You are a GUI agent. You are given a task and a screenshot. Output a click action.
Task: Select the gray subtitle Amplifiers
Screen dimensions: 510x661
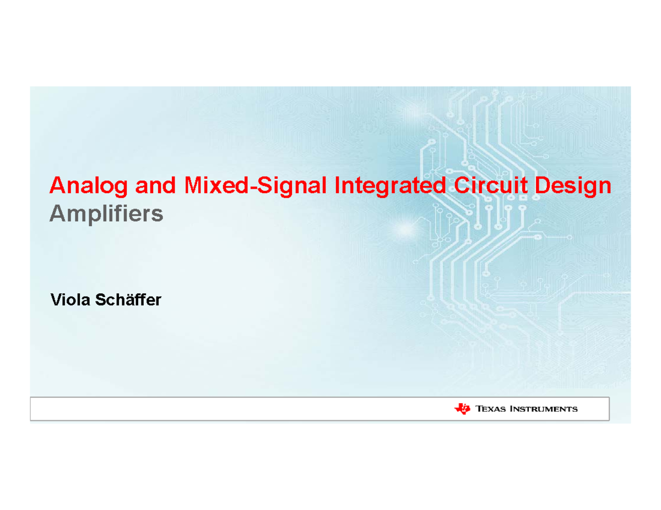click(x=106, y=214)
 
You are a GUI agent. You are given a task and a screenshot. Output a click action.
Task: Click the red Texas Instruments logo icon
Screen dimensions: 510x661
click(x=462, y=408)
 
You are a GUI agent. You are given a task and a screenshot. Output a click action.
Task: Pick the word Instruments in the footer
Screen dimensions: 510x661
click(x=543, y=409)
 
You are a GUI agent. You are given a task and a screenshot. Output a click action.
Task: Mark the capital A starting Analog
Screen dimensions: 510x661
click(x=57, y=185)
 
